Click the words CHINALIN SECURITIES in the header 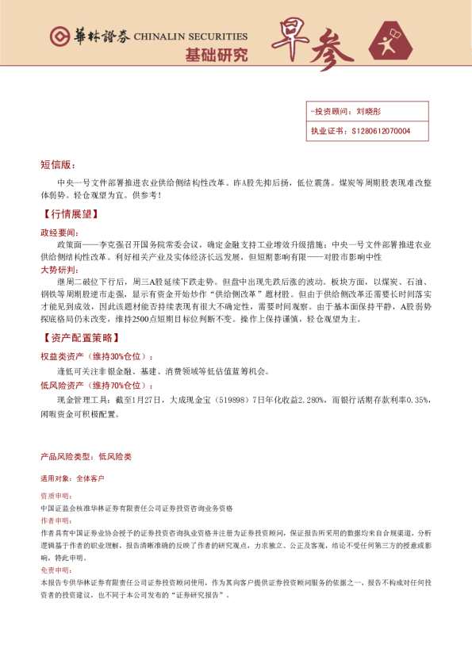pyautogui.click(x=190, y=37)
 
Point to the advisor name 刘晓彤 pyautogui.click(x=369, y=113)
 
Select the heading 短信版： pyautogui.click(x=57, y=165)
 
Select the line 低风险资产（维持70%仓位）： pyautogui.click(x=97, y=385)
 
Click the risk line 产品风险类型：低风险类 pyautogui.click(x=86, y=458)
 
